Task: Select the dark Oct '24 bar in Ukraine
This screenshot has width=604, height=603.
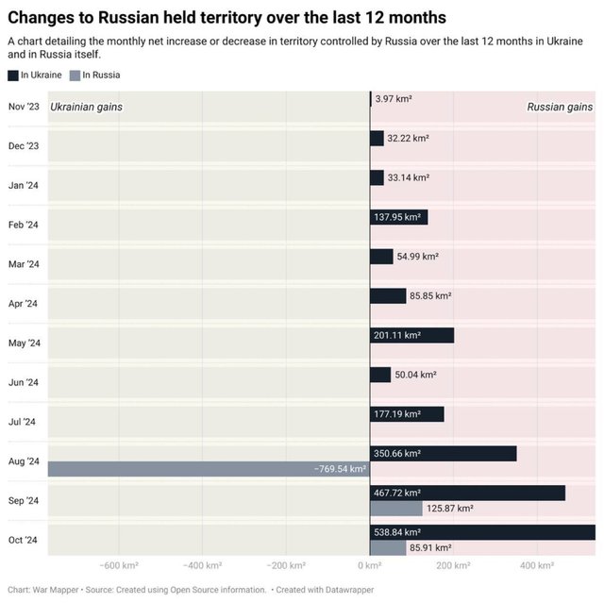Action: pos(482,532)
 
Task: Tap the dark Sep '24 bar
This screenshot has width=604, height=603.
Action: pos(467,493)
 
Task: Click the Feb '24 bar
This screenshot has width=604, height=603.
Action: pos(398,217)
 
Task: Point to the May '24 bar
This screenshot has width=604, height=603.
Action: pos(411,335)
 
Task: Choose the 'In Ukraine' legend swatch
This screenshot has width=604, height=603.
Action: pos(12,75)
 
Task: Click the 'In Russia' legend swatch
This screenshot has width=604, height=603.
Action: pos(75,75)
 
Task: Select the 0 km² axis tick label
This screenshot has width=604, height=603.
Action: pos(369,566)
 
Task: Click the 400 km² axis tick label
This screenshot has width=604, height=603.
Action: pos(537,566)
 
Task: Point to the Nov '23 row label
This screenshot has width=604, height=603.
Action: pos(24,107)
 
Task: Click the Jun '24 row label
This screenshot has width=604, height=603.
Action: pos(24,382)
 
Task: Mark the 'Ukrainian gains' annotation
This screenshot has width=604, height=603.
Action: pos(86,107)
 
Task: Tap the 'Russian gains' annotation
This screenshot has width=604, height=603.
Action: pos(560,107)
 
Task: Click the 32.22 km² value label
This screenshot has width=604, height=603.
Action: pos(408,138)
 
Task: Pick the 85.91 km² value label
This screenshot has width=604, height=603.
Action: pos(429,547)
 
